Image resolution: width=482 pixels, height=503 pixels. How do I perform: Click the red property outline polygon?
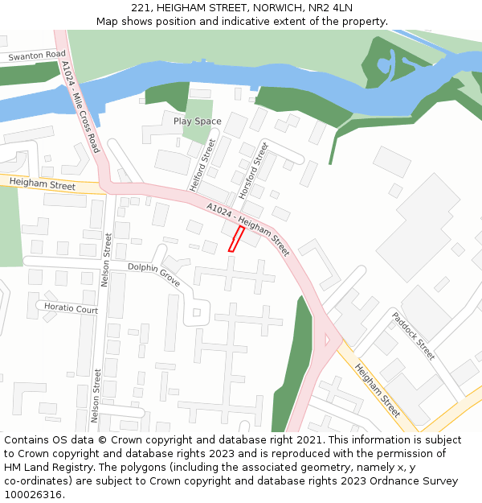(236, 239)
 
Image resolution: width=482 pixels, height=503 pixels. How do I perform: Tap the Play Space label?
(197, 122)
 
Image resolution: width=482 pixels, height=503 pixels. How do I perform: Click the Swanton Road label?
(37, 56)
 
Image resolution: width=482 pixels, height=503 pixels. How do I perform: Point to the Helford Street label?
(203, 165)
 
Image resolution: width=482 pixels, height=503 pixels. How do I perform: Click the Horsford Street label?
(251, 170)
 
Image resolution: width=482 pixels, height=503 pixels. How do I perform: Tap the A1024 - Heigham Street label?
(247, 229)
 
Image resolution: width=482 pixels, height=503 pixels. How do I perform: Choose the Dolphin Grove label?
(153, 274)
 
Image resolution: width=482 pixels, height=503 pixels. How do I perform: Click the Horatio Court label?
(71, 309)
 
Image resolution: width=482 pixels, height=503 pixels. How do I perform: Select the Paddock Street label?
(413, 335)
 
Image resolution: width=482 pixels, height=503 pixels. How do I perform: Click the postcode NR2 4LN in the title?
(331, 8)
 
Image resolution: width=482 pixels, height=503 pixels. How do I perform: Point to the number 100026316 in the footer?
(32, 495)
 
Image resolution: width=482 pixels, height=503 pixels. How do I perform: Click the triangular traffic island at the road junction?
(327, 340)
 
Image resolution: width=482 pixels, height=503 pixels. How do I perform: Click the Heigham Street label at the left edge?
(42, 185)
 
